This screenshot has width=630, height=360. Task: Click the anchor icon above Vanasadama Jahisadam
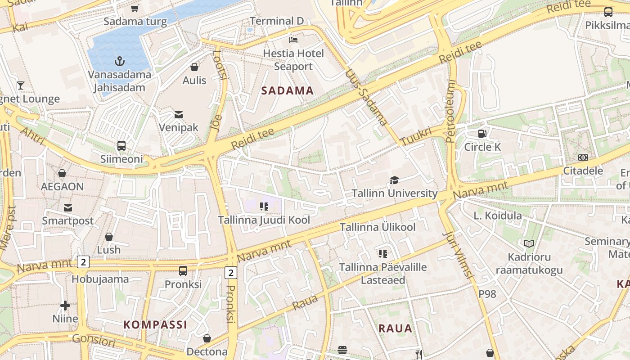point(120,61)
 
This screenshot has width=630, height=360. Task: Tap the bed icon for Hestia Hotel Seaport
point(293,40)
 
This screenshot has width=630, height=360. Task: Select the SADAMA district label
point(287,90)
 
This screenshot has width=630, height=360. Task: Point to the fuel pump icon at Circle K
point(482,133)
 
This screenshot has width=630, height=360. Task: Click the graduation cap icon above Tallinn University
point(394,180)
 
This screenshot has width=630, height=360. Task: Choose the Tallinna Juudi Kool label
point(264,220)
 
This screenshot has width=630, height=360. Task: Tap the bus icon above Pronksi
point(183,270)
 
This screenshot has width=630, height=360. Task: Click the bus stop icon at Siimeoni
point(121,145)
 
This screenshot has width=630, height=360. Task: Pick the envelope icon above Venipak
point(179,114)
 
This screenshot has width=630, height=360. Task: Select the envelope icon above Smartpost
point(68,207)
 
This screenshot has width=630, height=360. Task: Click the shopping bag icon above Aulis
point(194,67)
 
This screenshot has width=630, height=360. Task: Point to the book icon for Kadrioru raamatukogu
point(529,243)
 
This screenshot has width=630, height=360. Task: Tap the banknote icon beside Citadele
point(583,157)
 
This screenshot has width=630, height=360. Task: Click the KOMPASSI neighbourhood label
point(155,324)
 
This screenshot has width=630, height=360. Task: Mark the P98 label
point(487,294)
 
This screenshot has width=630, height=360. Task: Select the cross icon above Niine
point(65,306)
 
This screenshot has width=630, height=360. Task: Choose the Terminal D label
point(277,21)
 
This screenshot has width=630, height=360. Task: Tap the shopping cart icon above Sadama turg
point(135,8)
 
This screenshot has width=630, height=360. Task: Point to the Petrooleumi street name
point(451,111)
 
